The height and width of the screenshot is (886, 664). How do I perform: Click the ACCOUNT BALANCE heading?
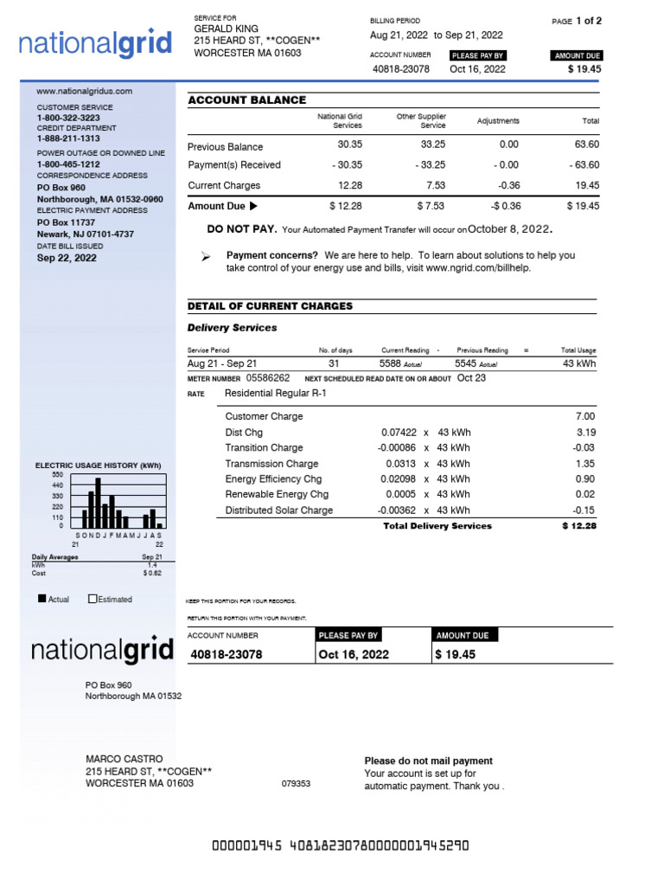coord(247,100)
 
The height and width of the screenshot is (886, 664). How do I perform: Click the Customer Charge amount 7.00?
coord(585,416)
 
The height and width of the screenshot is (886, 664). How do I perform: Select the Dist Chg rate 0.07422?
coord(399,432)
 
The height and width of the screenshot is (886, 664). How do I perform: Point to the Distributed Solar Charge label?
coord(278,510)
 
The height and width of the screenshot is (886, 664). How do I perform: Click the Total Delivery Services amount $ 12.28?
coord(578,525)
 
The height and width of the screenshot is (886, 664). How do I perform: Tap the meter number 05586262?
coord(268,378)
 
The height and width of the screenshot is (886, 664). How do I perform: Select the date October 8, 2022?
coord(508,228)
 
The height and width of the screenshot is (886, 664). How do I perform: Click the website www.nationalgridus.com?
coord(84,91)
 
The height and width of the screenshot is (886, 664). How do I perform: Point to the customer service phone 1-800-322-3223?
coord(67,117)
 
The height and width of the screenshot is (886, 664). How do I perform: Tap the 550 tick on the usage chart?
coord(57,475)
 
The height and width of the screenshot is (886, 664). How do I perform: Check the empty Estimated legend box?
coord(93,599)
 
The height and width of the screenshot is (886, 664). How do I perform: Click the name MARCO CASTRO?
coord(124,759)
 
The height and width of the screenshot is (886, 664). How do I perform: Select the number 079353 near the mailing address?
coord(296,784)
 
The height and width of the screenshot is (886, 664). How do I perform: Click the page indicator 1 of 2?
coord(588,21)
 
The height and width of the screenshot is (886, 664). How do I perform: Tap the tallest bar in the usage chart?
coord(98,503)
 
